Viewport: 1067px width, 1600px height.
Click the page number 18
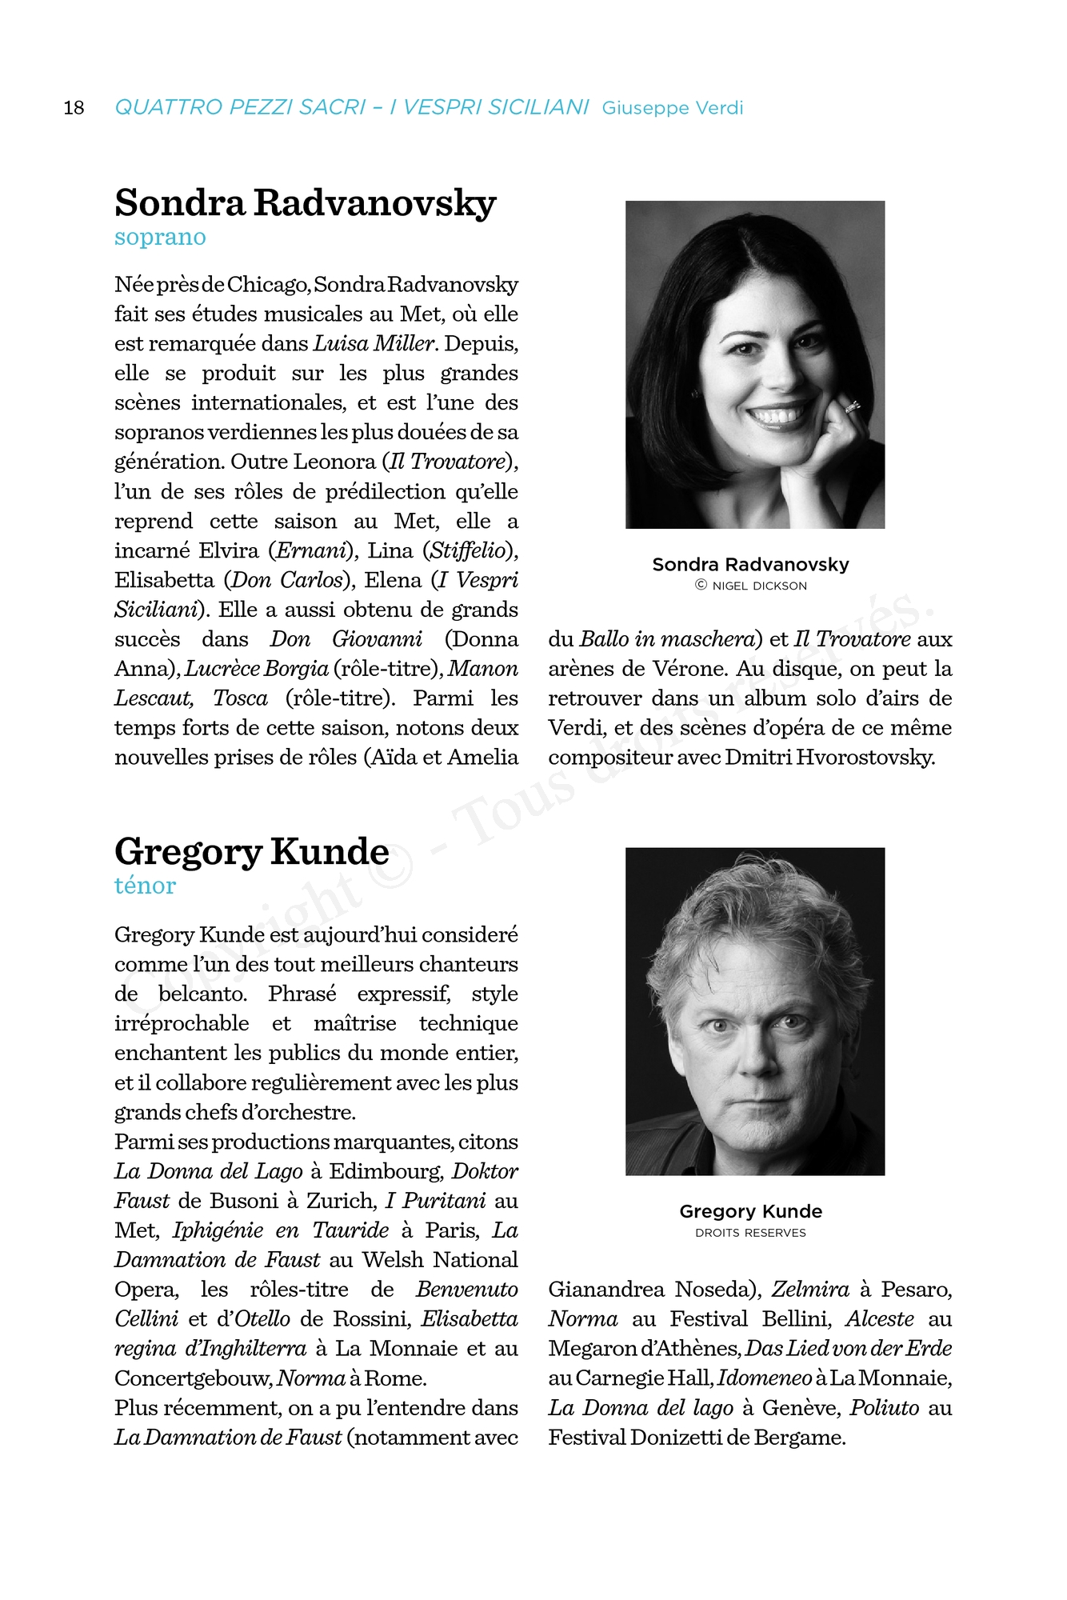(x=74, y=108)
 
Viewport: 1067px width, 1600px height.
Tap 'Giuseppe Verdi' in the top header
(x=672, y=108)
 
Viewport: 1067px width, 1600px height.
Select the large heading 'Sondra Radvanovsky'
(x=305, y=203)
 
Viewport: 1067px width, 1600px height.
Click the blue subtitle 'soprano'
(x=160, y=238)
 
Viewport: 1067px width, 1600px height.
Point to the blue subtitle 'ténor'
(x=145, y=886)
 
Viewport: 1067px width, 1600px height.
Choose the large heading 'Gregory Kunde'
(x=251, y=851)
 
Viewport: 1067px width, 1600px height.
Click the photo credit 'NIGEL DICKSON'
(x=759, y=586)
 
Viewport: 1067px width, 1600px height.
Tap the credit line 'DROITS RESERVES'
(x=750, y=1233)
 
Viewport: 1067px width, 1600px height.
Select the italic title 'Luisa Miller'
(x=374, y=344)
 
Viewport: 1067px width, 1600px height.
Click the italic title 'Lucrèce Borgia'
(x=257, y=669)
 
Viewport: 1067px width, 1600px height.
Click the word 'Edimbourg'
(x=385, y=1171)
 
